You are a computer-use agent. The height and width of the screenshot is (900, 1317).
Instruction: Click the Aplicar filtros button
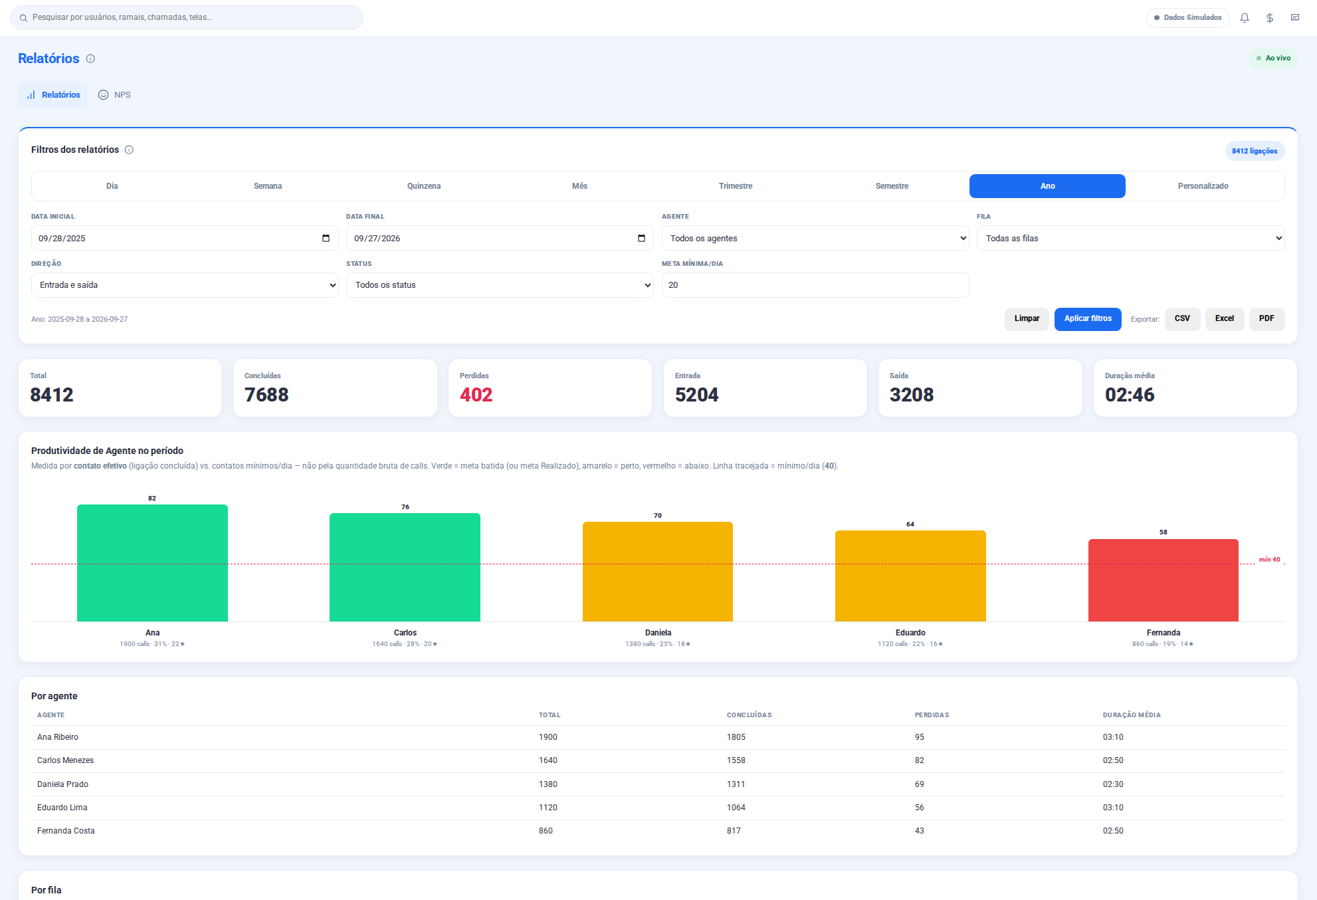click(x=1088, y=319)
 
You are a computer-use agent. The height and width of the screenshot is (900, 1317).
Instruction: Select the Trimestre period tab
click(x=736, y=186)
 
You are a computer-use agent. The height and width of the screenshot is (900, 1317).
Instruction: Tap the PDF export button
click(x=1266, y=319)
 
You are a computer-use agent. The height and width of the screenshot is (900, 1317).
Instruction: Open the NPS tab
click(x=115, y=95)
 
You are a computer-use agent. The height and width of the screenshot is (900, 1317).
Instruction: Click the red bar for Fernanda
click(x=1163, y=580)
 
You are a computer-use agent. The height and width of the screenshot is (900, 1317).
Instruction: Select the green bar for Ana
click(x=152, y=563)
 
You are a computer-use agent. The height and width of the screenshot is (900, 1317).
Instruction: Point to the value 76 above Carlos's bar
click(x=405, y=507)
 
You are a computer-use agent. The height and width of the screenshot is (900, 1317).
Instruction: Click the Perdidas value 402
click(x=476, y=395)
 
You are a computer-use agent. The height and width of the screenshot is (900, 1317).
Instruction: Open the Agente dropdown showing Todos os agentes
click(x=815, y=238)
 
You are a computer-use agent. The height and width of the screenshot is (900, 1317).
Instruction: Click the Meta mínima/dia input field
click(x=815, y=285)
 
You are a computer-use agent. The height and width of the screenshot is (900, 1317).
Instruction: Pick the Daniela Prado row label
click(x=62, y=784)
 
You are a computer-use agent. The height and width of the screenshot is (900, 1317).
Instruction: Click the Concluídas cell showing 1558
click(x=736, y=760)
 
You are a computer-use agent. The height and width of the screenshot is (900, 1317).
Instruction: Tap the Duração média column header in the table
click(x=1132, y=715)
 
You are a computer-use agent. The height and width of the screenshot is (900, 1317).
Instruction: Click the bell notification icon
click(x=1245, y=18)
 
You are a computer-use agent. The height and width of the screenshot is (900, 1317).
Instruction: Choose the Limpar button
click(x=1027, y=319)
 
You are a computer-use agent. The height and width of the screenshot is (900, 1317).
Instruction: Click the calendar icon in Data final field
click(x=641, y=238)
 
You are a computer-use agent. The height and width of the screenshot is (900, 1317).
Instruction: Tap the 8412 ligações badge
click(x=1255, y=151)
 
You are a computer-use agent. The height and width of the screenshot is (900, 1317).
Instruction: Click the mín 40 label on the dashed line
click(x=1269, y=560)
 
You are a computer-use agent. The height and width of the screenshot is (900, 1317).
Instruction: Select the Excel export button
click(x=1225, y=319)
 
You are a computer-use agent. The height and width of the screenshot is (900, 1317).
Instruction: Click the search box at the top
click(x=187, y=17)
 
